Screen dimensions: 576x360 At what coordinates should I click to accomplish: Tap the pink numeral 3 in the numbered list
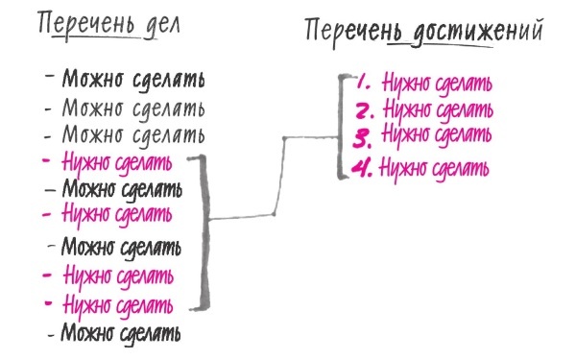tap(362, 133)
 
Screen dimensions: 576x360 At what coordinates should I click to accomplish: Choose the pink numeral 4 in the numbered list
tap(361, 169)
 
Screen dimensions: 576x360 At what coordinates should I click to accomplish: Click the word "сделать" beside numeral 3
tap(466, 132)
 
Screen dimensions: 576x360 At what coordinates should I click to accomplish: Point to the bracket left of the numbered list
tap(341, 125)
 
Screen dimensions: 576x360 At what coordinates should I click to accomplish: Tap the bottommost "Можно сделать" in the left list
tap(121, 334)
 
